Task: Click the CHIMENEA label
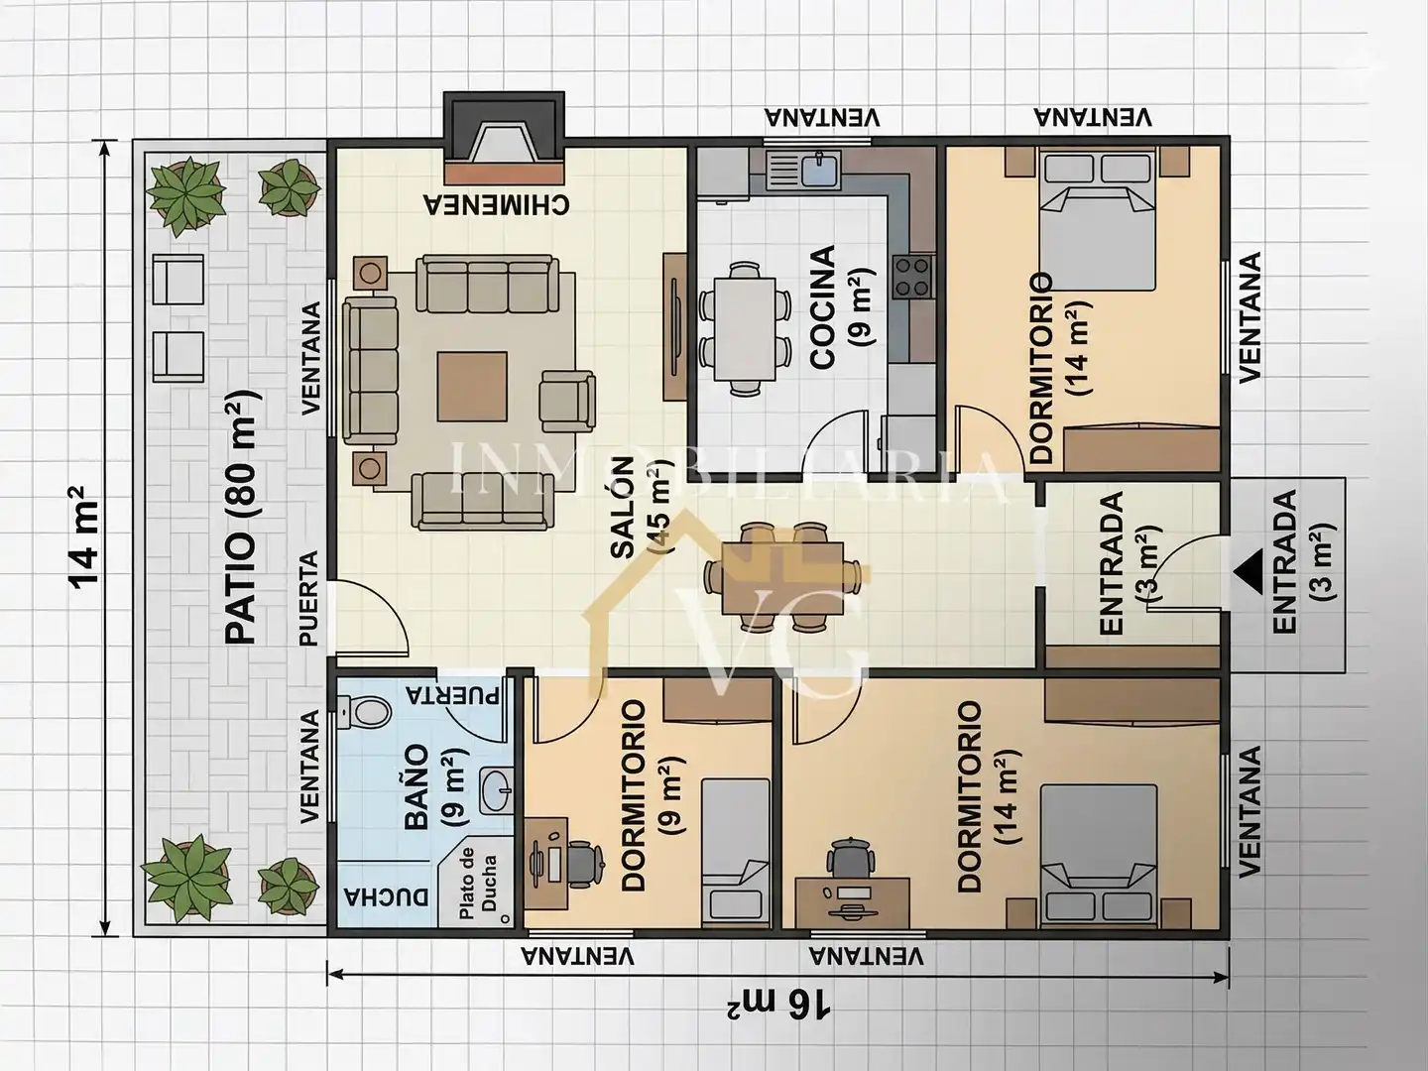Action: click(x=497, y=204)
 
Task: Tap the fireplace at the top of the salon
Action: click(x=504, y=138)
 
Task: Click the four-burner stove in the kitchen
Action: click(x=913, y=277)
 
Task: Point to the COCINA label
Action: click(x=823, y=307)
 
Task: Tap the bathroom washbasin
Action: click(x=497, y=790)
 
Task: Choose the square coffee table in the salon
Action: click(x=472, y=387)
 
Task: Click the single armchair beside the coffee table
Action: click(x=567, y=402)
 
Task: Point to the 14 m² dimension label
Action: click(x=84, y=536)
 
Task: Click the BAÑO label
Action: click(x=416, y=786)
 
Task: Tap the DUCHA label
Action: click(x=387, y=897)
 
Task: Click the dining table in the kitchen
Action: click(x=745, y=329)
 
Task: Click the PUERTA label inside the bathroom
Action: click(x=453, y=695)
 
